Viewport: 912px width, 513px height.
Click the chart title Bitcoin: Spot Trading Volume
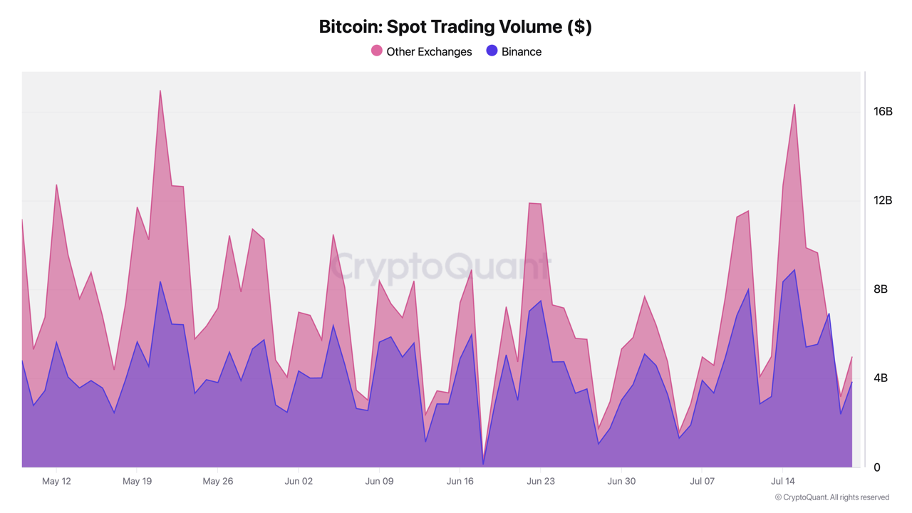point(455,27)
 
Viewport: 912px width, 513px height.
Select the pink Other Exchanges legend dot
point(377,51)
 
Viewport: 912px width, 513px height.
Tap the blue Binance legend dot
point(492,51)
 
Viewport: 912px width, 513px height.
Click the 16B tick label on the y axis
point(883,111)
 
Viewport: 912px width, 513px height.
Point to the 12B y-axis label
point(883,200)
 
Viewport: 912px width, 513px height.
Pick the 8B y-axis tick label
point(881,289)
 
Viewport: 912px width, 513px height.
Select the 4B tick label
point(881,378)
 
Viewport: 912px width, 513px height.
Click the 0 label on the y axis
point(877,467)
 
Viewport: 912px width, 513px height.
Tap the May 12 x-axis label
point(56,482)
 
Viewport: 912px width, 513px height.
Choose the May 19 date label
point(137,482)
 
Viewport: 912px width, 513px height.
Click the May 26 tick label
point(218,482)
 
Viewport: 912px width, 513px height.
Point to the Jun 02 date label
point(299,482)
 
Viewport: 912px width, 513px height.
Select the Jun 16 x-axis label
point(460,482)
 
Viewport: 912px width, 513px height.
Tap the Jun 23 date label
point(540,482)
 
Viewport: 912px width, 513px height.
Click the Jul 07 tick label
point(702,482)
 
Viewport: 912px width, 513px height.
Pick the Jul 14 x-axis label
point(782,482)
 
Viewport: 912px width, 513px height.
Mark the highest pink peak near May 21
point(160,91)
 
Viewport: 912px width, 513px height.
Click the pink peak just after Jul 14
point(794,105)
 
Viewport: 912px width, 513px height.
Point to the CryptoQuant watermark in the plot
point(440,266)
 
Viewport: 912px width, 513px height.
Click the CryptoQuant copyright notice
point(831,497)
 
